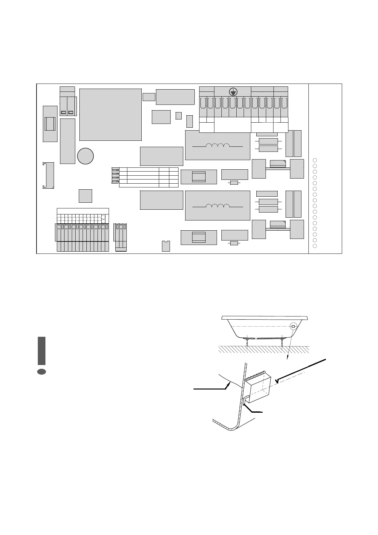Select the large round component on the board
85,156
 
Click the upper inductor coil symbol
218,146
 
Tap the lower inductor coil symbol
218,206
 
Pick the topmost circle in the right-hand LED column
315,160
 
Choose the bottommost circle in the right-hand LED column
315,246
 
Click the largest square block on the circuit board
110,115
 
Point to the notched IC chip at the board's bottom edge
166,246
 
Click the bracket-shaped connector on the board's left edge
48,175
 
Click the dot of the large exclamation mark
42,372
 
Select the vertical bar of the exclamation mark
42,351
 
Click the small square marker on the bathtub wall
293,326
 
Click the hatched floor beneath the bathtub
264,349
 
